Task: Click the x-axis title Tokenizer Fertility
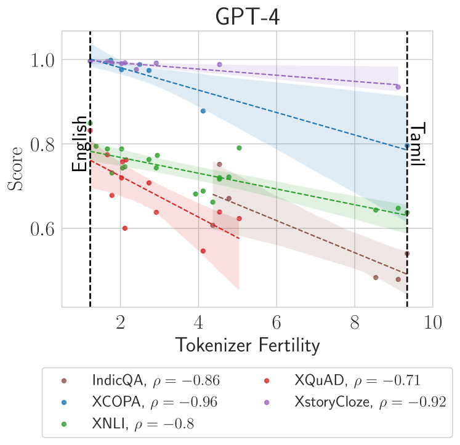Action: click(248, 345)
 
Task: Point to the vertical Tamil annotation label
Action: click(418, 145)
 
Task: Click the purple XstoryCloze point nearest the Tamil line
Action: click(398, 87)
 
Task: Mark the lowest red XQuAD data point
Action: click(203, 251)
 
